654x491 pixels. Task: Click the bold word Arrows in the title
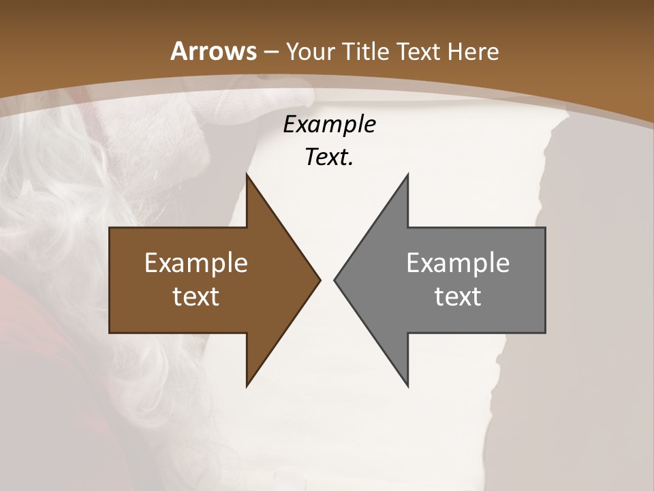point(213,51)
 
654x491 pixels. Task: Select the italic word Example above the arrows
point(329,125)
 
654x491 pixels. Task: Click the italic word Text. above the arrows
point(329,158)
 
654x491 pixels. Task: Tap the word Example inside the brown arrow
point(196,263)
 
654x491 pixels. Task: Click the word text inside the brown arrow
point(196,296)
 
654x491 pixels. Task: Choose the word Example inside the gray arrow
point(458,263)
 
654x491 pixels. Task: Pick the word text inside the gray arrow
point(458,296)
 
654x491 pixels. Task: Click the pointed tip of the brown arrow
point(320,280)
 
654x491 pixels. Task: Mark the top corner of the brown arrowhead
point(247,175)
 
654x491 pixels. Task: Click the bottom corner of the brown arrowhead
point(247,385)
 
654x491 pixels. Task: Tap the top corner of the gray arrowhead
point(407,175)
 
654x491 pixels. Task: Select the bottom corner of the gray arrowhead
point(407,385)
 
